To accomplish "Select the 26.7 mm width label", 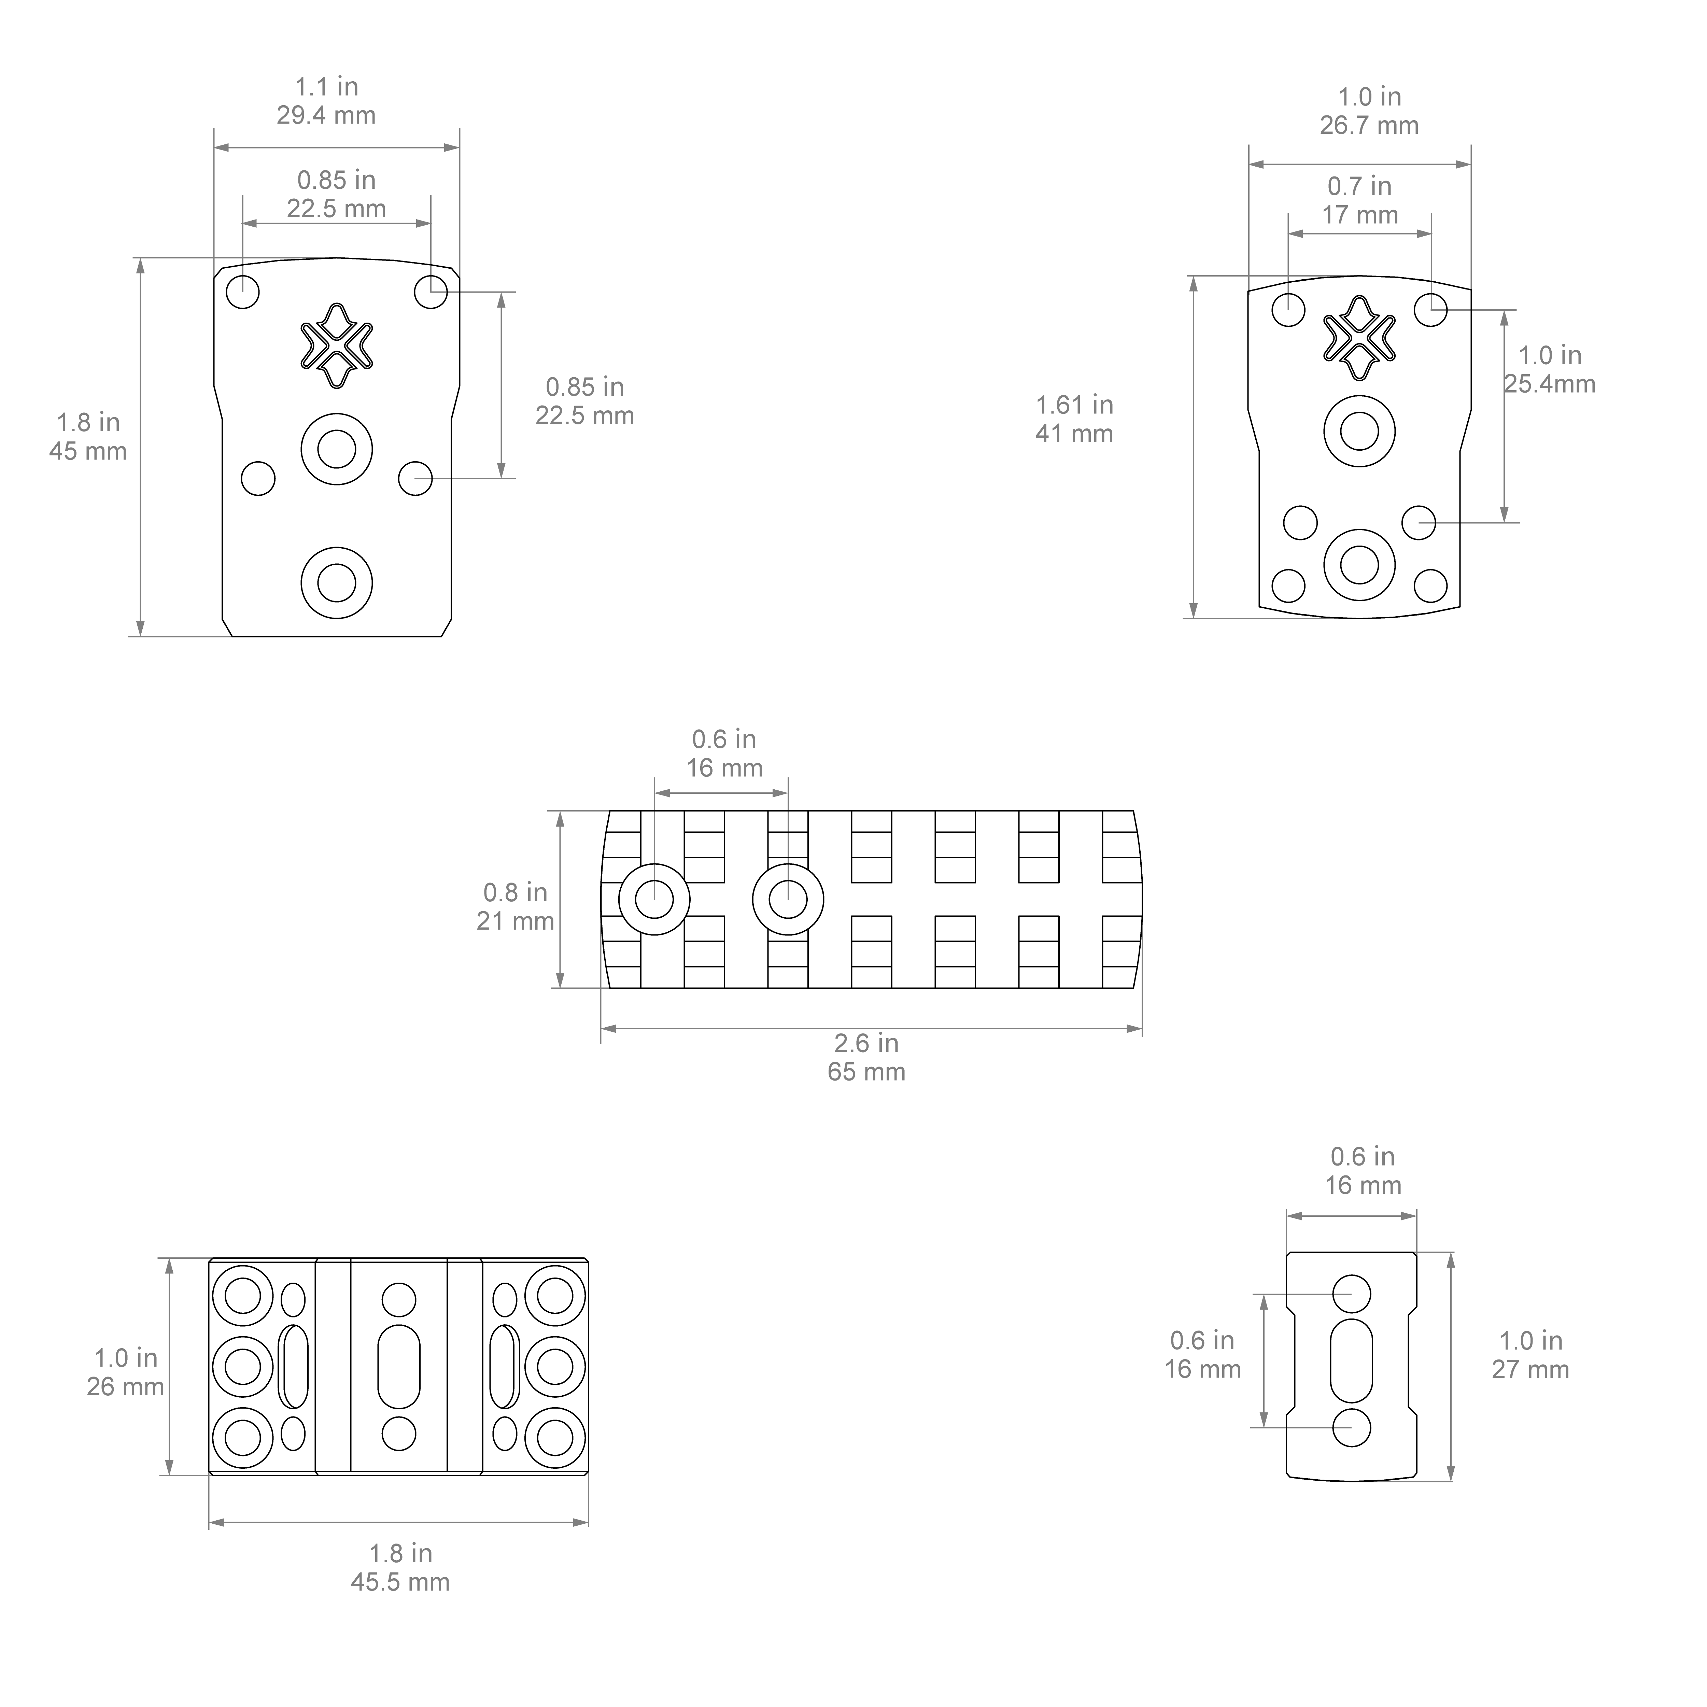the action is (x=1369, y=125).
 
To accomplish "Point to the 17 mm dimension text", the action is (x=1360, y=215).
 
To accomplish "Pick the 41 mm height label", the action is (x=1074, y=434).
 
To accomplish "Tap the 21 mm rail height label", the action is (x=515, y=921).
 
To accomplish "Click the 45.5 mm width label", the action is (x=400, y=1582).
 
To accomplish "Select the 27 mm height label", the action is (x=1530, y=1369).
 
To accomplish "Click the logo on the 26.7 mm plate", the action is (x=1359, y=338).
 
